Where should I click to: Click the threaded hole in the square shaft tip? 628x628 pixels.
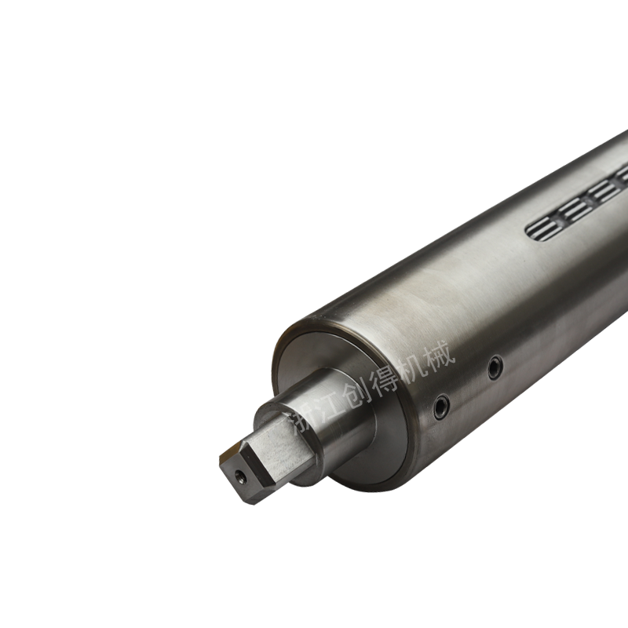click(x=240, y=476)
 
